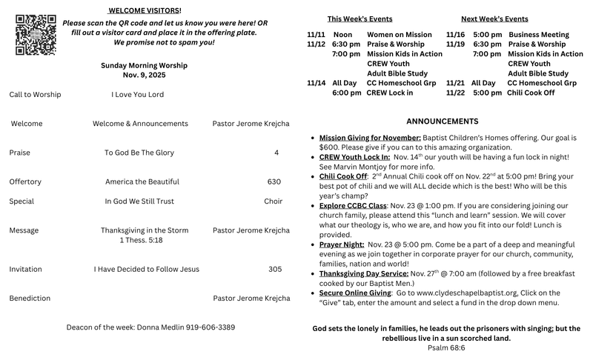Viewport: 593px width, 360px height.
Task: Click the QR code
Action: tap(36, 30)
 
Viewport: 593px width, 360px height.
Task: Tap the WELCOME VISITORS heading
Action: tap(144, 10)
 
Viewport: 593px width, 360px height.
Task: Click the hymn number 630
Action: tap(274, 181)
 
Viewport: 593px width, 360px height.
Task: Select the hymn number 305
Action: tap(275, 269)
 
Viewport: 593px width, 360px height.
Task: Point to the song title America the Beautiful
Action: tap(142, 181)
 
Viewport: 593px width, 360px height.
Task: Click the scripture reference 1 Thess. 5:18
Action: tap(141, 240)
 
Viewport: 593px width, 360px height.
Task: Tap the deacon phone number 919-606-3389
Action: tap(211, 327)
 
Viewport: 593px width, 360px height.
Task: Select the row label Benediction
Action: tap(30, 298)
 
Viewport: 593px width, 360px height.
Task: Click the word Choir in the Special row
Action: tap(273, 201)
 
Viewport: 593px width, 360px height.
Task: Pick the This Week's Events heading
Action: tap(360, 19)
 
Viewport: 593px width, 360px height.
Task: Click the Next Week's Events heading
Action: tap(494, 19)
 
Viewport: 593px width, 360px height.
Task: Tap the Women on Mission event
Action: tap(399, 35)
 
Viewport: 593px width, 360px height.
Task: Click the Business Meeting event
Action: tap(539, 35)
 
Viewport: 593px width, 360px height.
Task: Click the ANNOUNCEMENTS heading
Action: tap(443, 121)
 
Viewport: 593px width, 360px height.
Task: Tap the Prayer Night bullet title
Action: tap(342, 244)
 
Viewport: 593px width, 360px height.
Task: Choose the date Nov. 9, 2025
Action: tap(144, 75)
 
